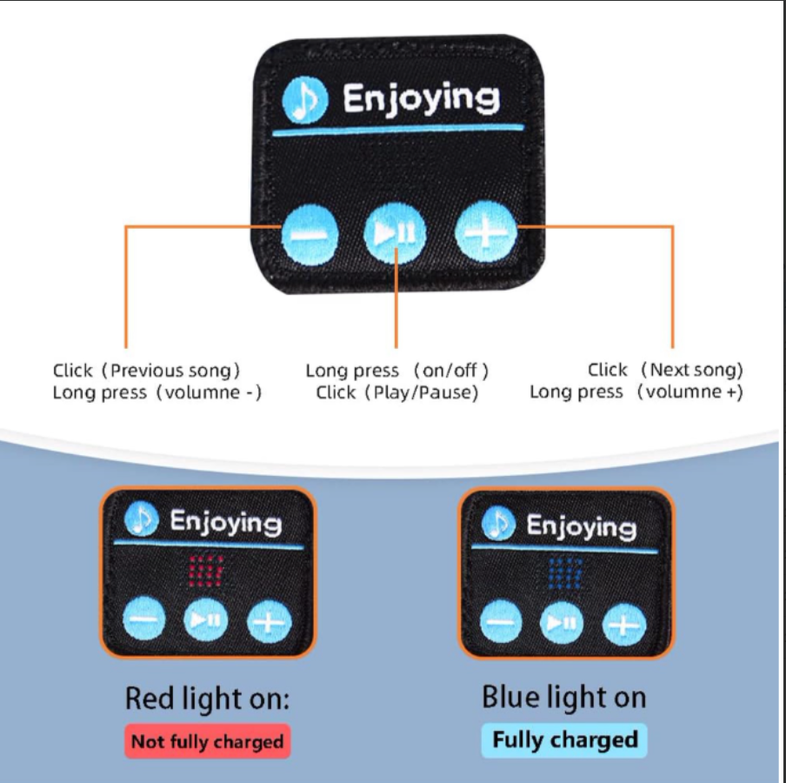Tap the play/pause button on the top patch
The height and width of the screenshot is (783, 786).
(396, 233)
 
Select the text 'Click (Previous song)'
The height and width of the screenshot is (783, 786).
(146, 371)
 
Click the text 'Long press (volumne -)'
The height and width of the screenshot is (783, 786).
(157, 392)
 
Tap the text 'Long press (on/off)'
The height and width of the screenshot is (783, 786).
(397, 371)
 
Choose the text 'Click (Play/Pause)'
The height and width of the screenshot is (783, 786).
(397, 392)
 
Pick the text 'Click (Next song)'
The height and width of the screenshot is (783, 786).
(666, 370)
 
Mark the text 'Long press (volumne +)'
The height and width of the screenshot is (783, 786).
(636, 391)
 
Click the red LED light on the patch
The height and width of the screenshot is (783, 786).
(206, 571)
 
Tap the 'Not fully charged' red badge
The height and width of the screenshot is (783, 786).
(207, 742)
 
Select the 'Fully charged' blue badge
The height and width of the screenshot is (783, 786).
(565, 740)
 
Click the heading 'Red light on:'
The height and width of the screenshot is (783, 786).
(207, 699)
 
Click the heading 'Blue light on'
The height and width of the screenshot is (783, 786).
(564, 697)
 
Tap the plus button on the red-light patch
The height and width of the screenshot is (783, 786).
(269, 621)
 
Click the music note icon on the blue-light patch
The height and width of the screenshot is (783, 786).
(498, 524)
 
